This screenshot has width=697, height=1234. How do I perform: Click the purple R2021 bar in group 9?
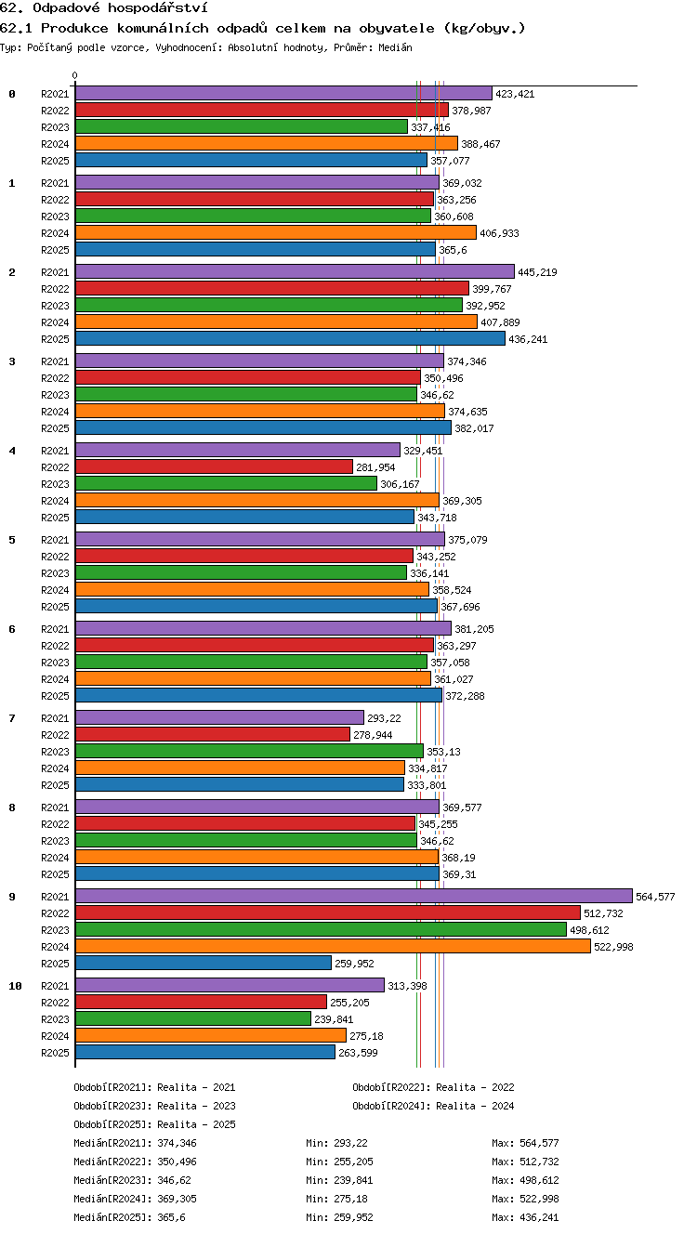354,896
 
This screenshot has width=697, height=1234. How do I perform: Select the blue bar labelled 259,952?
204,963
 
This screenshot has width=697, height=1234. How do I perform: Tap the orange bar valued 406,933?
275,232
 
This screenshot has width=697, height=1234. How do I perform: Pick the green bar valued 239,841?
193,1018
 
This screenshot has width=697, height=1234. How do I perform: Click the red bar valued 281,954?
214,466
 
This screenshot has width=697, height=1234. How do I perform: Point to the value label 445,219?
537,272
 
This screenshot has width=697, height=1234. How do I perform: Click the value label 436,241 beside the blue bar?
528,339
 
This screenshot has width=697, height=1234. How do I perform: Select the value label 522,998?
613,947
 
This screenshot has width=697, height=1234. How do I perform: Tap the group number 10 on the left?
15,986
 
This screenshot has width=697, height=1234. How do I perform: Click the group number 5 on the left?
12,540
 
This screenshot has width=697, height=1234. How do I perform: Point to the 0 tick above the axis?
75,75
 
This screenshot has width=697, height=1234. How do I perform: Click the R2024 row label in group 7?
55,768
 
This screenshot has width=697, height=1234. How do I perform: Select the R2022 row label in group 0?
55,111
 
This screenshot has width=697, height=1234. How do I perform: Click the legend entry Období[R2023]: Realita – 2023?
154,1106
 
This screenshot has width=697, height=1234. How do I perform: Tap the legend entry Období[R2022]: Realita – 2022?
433,1087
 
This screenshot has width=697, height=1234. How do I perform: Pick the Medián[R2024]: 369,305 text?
135,1199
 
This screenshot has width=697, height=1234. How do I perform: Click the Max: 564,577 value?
525,1143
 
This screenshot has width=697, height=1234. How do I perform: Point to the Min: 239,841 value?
339,1180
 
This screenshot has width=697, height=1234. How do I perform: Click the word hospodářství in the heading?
158,7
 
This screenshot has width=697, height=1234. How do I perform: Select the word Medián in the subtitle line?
395,47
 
